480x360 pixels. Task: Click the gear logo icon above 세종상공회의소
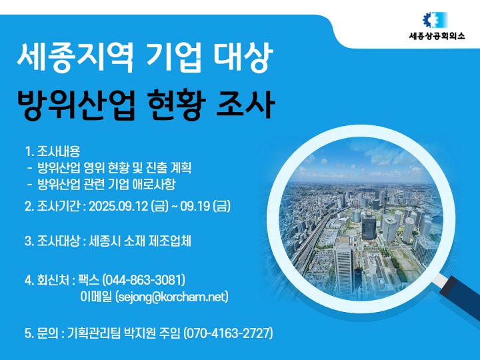[435, 20]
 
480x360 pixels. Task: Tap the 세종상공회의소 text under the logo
[437, 36]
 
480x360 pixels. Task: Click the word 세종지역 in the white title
[75, 57]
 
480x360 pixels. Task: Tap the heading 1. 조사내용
[53, 151]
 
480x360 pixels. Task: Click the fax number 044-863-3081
[144, 279]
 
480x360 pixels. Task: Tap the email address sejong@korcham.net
[172, 297]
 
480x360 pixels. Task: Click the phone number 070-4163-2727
[228, 333]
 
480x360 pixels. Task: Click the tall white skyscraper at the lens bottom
[343, 268]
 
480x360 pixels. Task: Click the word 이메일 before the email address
[96, 297]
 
